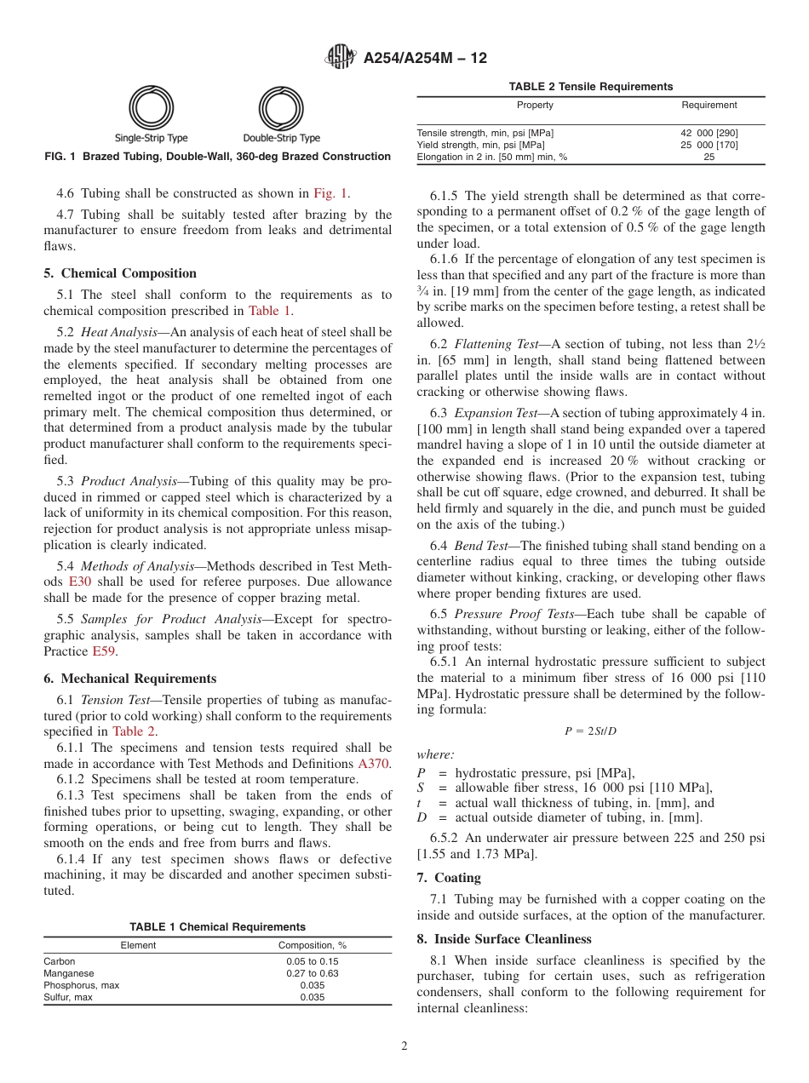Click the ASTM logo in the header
341,58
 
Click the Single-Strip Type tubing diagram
152,109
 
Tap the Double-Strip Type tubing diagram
281,109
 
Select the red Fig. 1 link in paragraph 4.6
330,193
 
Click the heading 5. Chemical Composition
120,273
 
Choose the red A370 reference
373,764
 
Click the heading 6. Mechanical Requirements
129,679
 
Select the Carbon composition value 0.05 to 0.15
312,961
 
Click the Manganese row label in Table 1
69,973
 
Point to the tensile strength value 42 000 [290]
709,133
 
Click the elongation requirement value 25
709,157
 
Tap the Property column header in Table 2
535,106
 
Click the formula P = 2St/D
590,731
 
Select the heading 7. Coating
449,878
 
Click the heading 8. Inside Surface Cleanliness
504,939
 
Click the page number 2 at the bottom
404,1046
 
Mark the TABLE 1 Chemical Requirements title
217,926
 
